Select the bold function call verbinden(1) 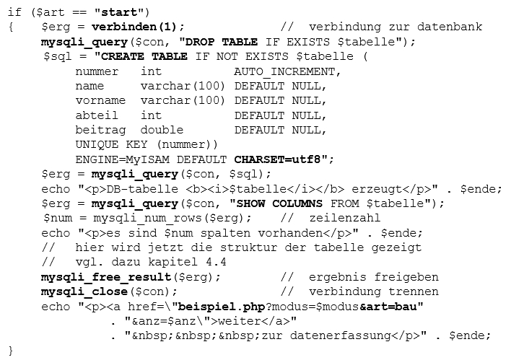pyautogui.click(x=134, y=27)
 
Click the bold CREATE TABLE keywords pyautogui.click(x=144, y=56)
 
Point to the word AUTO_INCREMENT pyautogui.click(x=284, y=71)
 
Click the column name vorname pyautogui.click(x=100, y=100)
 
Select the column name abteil pyautogui.click(x=97, y=115)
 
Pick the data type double pyautogui.click(x=162, y=130)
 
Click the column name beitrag pyautogui.click(x=100, y=130)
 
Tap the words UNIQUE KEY pyautogui.click(x=111, y=145)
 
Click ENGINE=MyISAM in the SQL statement pyautogui.click(x=123, y=159)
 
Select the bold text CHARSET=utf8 pyautogui.click(x=277, y=159)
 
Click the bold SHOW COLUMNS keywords pyautogui.click(x=279, y=203)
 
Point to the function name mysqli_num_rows pyautogui.click(x=147, y=218)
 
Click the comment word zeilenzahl pyautogui.click(x=344, y=218)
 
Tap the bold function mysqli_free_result pyautogui.click(x=106, y=277)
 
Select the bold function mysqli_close pyautogui.click(x=84, y=291)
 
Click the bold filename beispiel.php pyautogui.click(x=222, y=307)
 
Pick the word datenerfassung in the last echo pyautogui.click(x=341, y=335)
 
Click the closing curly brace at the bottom pyautogui.click(x=11, y=351)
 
